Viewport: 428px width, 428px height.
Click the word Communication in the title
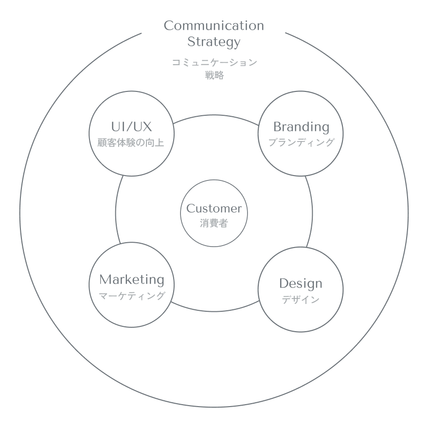pyautogui.click(x=214, y=26)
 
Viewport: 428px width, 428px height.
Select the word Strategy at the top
pyautogui.click(x=214, y=42)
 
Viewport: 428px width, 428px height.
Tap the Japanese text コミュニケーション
pyautogui.click(x=214, y=63)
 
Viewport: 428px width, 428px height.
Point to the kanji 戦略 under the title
pyautogui.click(x=214, y=75)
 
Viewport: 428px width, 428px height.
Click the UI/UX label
pyautogui.click(x=131, y=127)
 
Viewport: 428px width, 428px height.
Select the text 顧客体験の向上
pyautogui.click(x=131, y=143)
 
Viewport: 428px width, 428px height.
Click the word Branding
pyautogui.click(x=301, y=127)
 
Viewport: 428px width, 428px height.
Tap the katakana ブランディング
pyautogui.click(x=301, y=143)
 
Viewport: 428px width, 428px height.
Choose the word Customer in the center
pyautogui.click(x=214, y=209)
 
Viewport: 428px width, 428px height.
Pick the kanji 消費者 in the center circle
pyautogui.click(x=214, y=224)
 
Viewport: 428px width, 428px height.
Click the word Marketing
pyautogui.click(x=132, y=280)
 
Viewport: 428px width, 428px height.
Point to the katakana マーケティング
pyautogui.click(x=132, y=296)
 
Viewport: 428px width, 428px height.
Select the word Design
pyautogui.click(x=301, y=284)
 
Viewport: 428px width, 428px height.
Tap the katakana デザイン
pyautogui.click(x=301, y=300)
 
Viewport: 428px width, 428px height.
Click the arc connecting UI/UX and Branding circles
pyautogui.click(x=214, y=115)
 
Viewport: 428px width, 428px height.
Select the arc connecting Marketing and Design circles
pyautogui.click(x=214, y=312)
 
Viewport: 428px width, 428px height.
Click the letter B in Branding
pyautogui.click(x=278, y=127)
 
